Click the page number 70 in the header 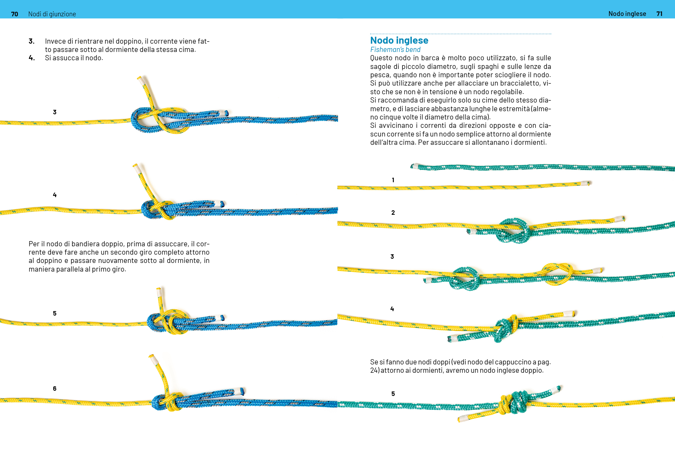coord(15,14)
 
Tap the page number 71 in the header coord(659,14)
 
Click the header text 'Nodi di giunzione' coord(52,14)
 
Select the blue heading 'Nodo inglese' coord(399,40)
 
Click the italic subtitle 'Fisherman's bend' coord(395,50)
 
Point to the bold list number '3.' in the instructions coord(32,41)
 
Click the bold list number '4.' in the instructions coord(32,58)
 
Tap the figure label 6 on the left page coord(55,388)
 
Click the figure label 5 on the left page coord(55,313)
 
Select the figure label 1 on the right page coord(393,180)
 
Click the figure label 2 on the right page coord(393,212)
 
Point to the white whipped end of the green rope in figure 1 coord(415,166)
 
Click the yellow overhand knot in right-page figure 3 coord(557,274)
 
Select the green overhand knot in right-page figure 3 coord(466,278)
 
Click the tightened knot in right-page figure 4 coord(506,327)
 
